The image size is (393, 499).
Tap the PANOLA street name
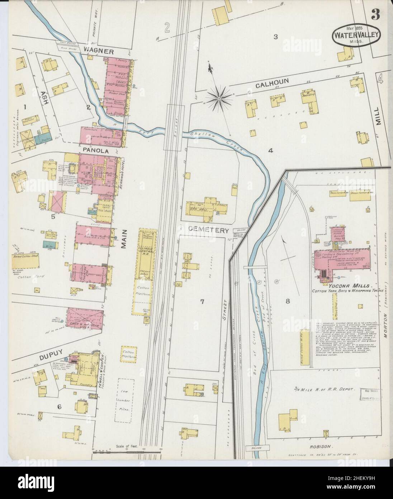[95, 151]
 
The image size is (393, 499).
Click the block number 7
[202, 302]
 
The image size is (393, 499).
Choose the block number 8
[287, 302]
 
